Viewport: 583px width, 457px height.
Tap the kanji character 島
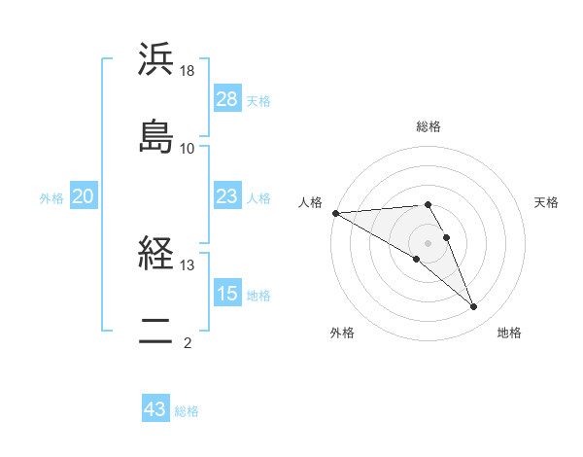pos(156,134)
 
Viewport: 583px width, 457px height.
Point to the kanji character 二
pos(156,334)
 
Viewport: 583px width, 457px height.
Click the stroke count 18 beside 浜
pos(188,71)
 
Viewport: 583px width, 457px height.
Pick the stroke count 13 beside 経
pos(188,264)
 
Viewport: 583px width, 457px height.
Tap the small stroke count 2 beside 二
pos(188,342)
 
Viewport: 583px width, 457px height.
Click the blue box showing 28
pos(227,99)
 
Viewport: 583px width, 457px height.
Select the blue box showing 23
pos(227,197)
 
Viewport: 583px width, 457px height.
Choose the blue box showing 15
pos(227,294)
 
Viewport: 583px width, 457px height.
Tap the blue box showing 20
pos(84,197)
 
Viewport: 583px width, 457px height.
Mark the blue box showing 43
pos(155,409)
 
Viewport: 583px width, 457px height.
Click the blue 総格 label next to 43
pos(187,411)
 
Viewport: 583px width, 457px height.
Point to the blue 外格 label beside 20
pos(51,198)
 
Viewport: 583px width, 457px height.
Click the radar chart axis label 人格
pos(310,202)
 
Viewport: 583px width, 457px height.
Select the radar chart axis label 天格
pos(547,202)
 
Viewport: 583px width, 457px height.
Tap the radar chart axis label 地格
pos(509,333)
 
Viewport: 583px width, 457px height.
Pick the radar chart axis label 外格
pos(342,333)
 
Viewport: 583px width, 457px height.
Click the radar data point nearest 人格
pos(335,213)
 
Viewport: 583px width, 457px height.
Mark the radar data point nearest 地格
pos(474,307)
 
